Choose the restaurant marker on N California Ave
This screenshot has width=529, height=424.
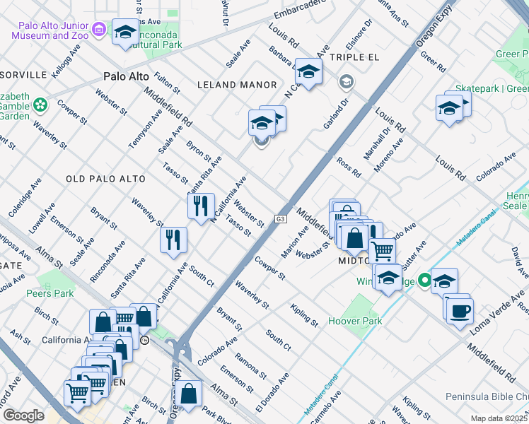[x=202, y=206]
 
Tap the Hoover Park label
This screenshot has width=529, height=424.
[x=355, y=321]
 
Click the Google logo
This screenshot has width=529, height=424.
[x=23, y=416]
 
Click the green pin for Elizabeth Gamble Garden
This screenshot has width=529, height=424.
[x=40, y=105]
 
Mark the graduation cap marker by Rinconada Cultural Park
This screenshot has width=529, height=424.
[x=126, y=33]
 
